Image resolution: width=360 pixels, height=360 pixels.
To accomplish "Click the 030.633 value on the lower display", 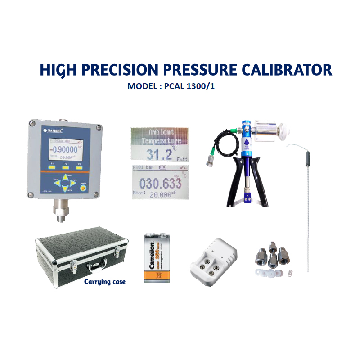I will (161, 183).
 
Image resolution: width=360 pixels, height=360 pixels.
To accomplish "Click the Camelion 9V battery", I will (155, 257).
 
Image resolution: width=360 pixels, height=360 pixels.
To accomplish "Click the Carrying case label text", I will (105, 282).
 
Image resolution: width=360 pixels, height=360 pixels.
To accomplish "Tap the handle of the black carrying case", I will (96, 269).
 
